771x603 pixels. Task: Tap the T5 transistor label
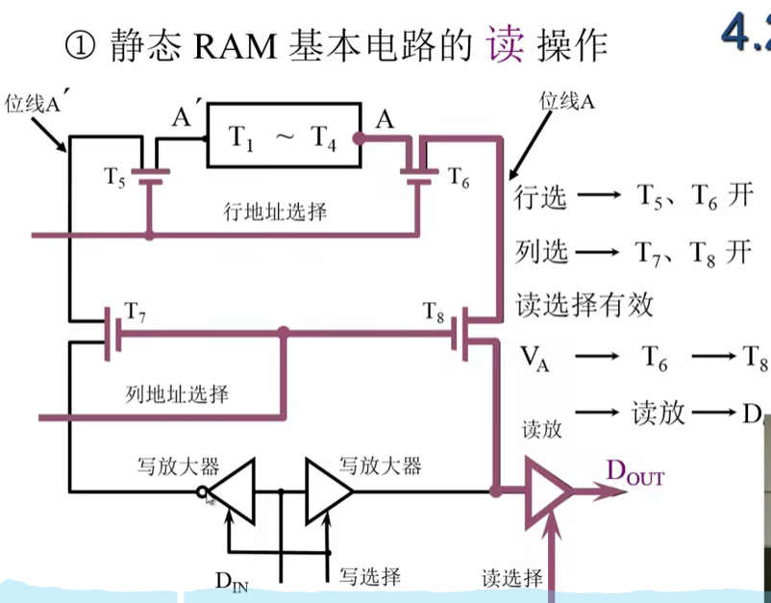[115, 177]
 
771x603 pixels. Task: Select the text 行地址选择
[269, 211]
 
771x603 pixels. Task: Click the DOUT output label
[634, 474]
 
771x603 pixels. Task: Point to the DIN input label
[231, 581]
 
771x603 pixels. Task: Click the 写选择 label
[370, 576]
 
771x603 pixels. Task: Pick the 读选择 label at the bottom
[512, 578]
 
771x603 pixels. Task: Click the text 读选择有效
[584, 305]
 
